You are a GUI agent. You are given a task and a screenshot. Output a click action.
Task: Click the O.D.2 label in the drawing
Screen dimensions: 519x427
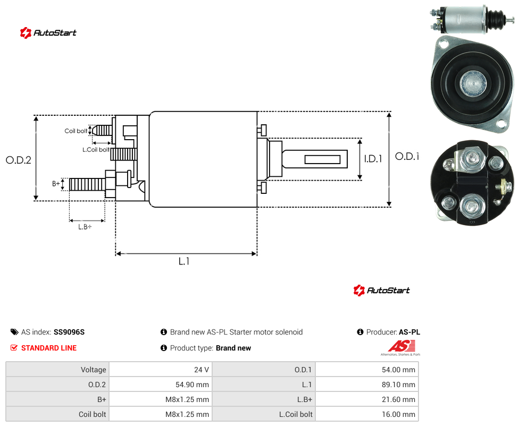[x=19, y=160]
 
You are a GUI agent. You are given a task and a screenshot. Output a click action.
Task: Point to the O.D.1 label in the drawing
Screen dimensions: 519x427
[x=407, y=156]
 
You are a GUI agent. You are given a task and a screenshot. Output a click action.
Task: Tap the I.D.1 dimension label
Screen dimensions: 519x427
[x=373, y=159]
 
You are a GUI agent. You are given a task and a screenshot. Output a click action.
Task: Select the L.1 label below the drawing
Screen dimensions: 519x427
[x=183, y=261]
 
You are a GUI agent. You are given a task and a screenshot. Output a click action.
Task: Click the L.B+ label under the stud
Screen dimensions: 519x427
[x=85, y=227]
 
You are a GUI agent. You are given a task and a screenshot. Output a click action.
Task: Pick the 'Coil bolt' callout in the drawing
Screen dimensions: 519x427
[x=76, y=131]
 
